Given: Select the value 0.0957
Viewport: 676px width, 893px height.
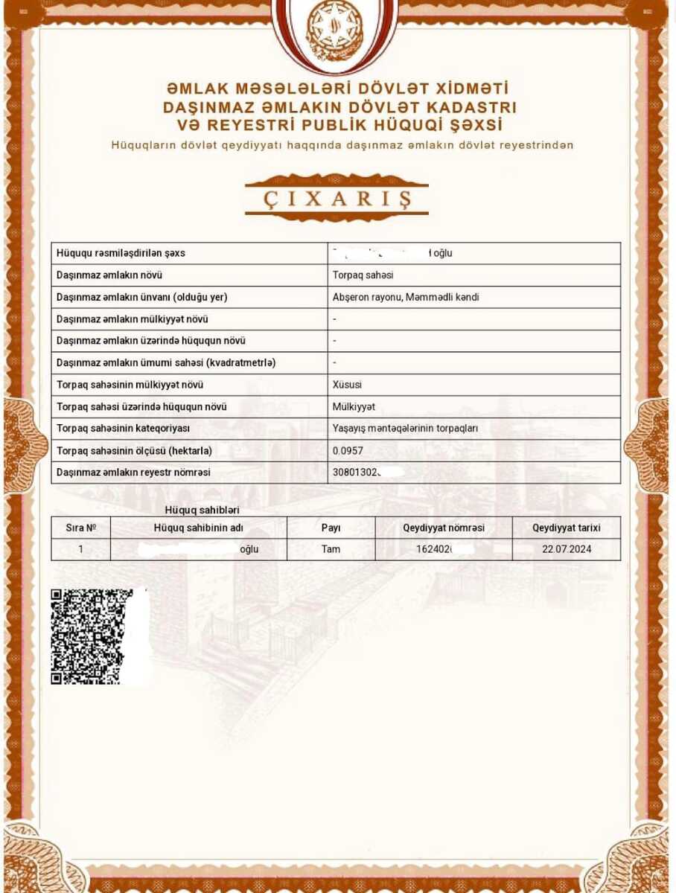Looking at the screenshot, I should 348,451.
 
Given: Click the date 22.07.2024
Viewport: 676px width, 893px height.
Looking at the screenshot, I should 567,549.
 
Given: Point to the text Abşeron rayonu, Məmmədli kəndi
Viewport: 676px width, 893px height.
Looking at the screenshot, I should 406,298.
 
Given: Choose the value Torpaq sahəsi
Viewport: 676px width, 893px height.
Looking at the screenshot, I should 363,275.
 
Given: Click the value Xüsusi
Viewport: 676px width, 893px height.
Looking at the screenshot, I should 347,385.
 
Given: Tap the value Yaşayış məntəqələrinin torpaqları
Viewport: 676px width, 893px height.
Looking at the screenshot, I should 405,429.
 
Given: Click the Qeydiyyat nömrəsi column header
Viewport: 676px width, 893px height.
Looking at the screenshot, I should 444,528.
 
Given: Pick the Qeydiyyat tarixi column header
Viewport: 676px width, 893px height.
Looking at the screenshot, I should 567,528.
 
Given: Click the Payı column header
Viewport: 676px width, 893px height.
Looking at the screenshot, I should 331,528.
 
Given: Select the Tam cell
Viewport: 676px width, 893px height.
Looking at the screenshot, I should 331,549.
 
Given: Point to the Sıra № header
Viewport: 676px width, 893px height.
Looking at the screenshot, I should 81,528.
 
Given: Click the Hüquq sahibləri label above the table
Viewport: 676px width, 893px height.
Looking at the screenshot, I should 202,510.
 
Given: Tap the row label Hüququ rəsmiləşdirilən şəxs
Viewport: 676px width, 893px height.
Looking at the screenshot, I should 121,253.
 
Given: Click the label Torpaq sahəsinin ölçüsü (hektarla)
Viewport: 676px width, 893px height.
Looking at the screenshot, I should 134,451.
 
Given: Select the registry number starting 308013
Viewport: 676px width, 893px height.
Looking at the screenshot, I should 357,473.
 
